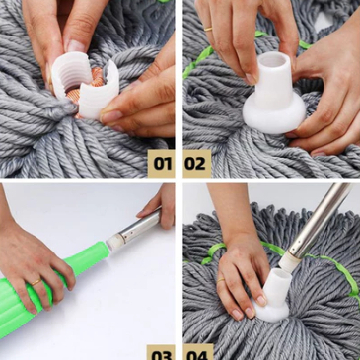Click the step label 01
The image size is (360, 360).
click(163, 164)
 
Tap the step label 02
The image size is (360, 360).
click(195, 164)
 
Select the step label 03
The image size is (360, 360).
click(162, 356)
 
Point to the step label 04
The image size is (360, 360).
click(197, 356)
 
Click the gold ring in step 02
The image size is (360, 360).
click(208, 29)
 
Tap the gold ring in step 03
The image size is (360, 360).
click(36, 282)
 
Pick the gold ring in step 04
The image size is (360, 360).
click(221, 280)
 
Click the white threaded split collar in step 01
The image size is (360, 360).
click(85, 85)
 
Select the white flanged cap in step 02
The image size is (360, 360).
click(274, 96)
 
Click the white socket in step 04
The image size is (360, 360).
click(274, 296)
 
